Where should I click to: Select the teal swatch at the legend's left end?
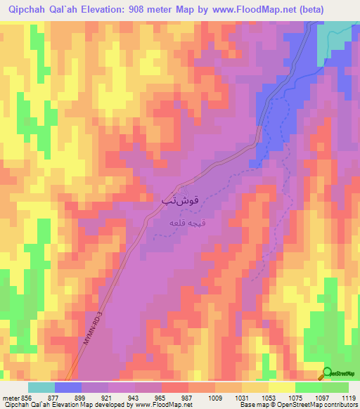point(41,387)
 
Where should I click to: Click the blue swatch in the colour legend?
point(68,387)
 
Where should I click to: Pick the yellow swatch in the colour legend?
point(282,387)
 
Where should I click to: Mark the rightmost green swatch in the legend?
point(335,387)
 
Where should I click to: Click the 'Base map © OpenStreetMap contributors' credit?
point(298,405)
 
